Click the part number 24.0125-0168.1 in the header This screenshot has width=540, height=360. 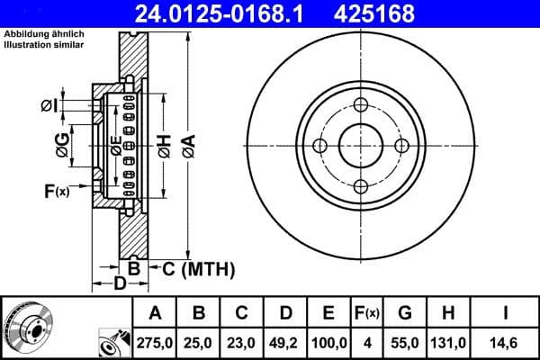coord(220,13)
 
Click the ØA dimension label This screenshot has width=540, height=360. coord(188,144)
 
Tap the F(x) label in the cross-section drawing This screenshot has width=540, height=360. coord(56,191)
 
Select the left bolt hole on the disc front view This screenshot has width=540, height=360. coord(319,145)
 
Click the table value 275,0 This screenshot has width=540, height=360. coord(154,343)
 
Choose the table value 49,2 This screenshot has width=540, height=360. coord(285,343)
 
